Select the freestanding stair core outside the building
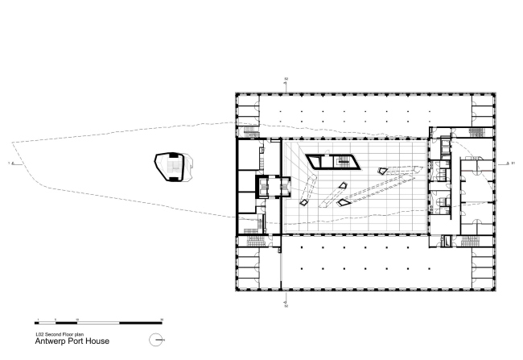170,166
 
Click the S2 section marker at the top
286,80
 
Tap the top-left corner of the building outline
235,93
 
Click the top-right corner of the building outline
496,93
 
